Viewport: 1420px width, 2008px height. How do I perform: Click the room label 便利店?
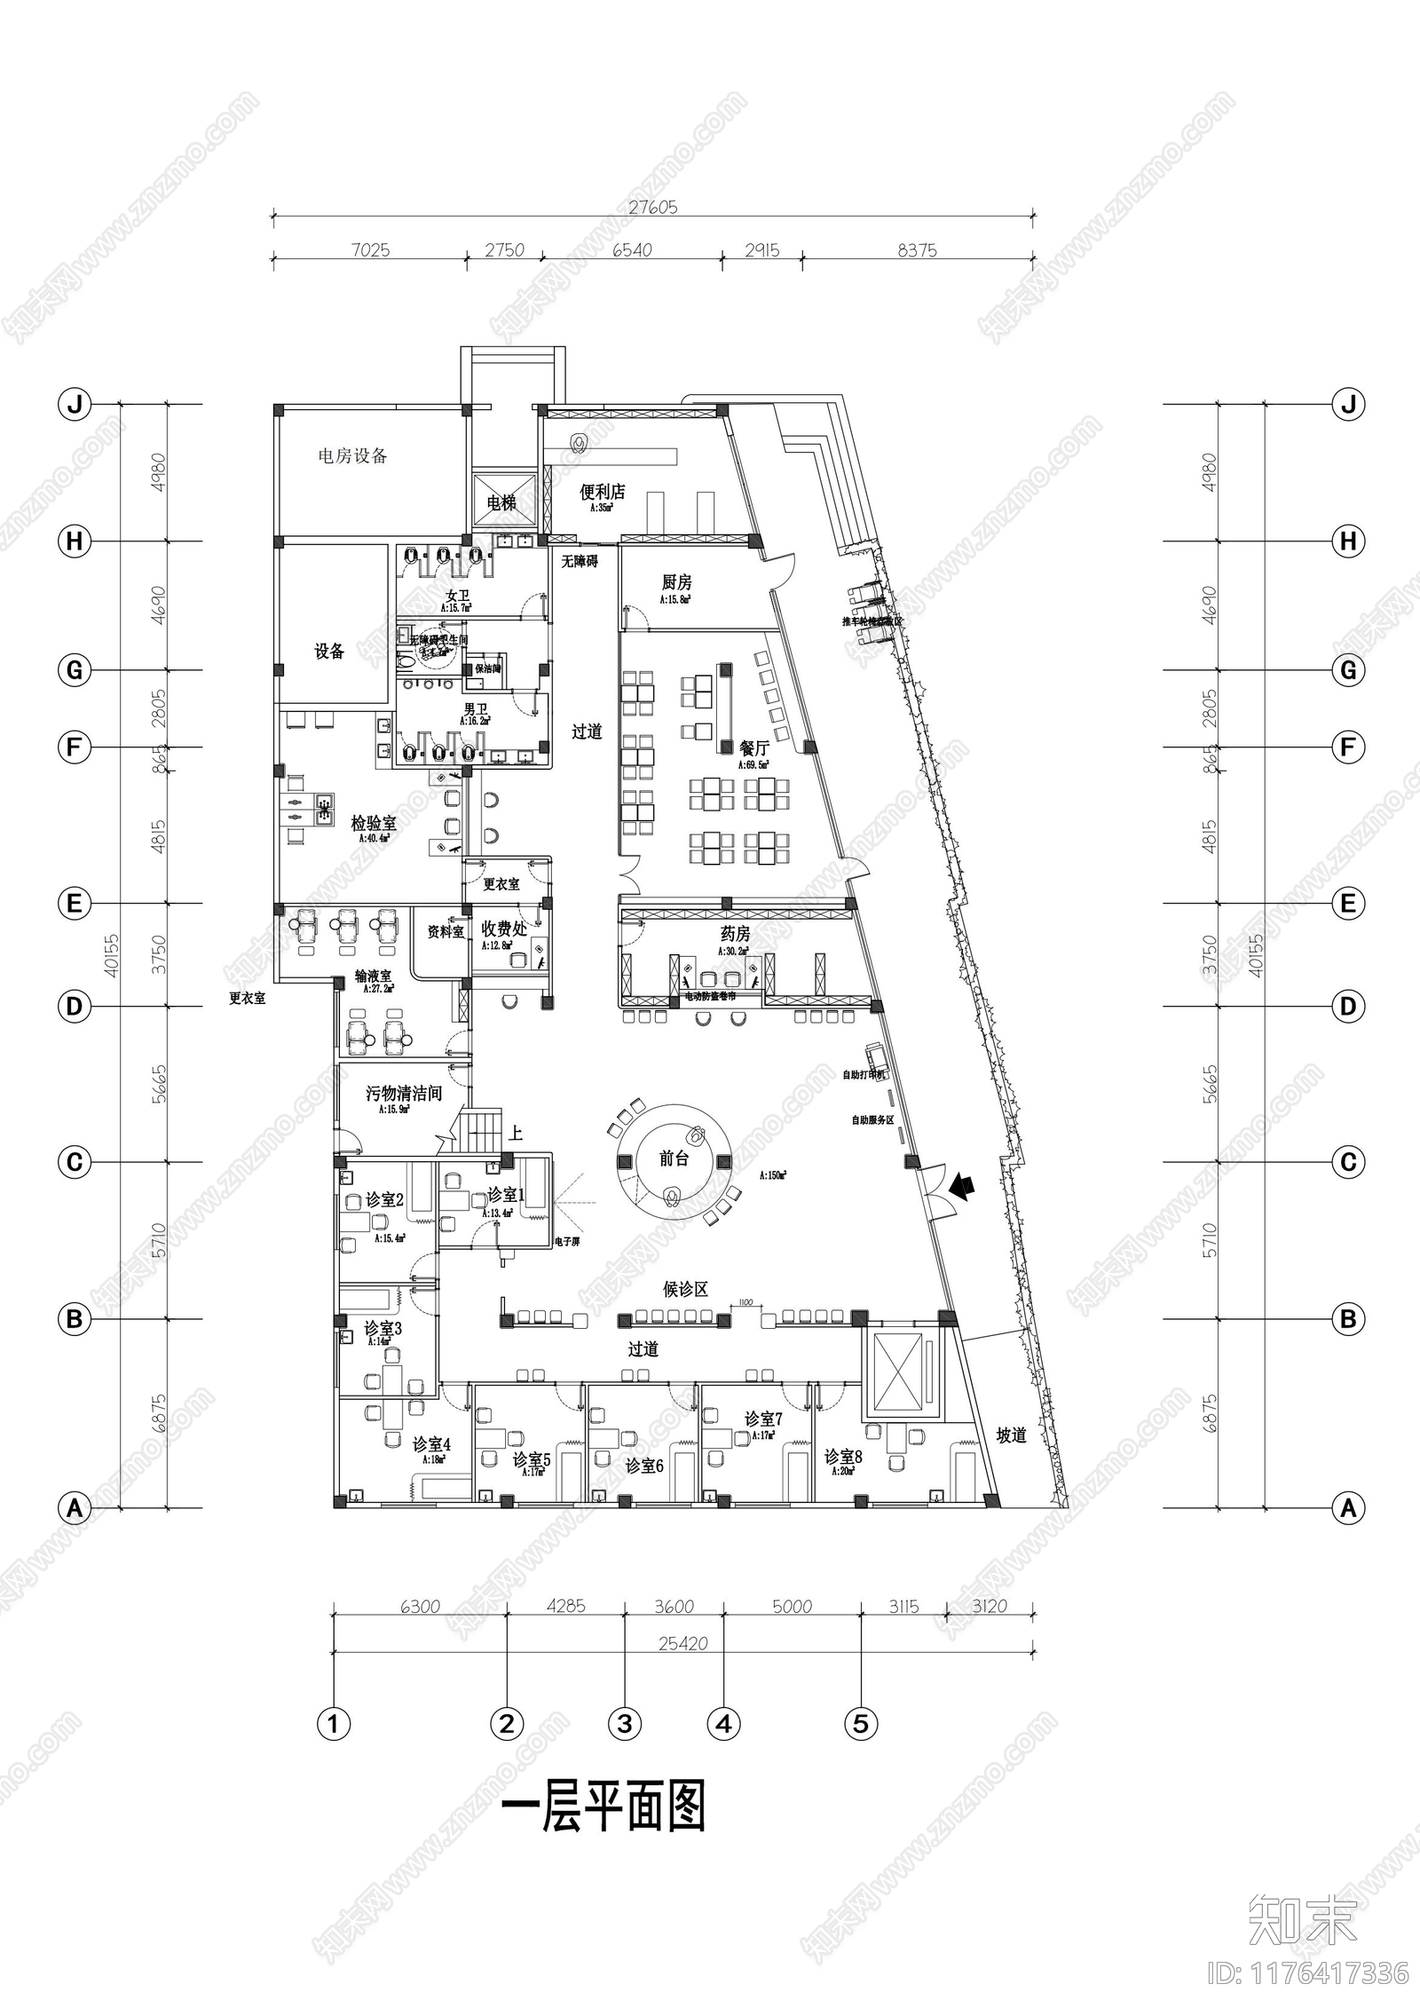click(x=603, y=492)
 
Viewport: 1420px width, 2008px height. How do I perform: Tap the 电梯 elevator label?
click(x=501, y=503)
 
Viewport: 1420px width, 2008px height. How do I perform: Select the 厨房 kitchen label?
click(x=676, y=582)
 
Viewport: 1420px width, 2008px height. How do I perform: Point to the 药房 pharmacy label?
click(x=735, y=934)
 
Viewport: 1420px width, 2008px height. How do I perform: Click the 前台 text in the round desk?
click(x=674, y=1158)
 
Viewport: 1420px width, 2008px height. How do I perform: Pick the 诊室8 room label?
click(x=842, y=1457)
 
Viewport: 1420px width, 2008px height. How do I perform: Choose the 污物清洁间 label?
click(x=404, y=1093)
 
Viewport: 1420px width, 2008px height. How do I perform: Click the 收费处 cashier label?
click(x=504, y=929)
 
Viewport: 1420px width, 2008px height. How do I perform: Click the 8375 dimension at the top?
click(x=917, y=250)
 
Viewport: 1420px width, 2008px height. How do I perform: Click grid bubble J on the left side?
click(x=75, y=405)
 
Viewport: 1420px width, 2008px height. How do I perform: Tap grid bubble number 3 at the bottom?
click(x=624, y=1724)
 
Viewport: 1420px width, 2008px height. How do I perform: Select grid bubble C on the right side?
click(x=1347, y=1162)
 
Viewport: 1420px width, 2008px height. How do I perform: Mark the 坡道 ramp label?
click(x=1011, y=1435)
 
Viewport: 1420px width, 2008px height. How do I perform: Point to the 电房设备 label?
click(x=353, y=456)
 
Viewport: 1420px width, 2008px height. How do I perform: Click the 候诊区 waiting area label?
click(x=685, y=1289)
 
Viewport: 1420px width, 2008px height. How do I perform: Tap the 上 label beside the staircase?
click(x=516, y=1134)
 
